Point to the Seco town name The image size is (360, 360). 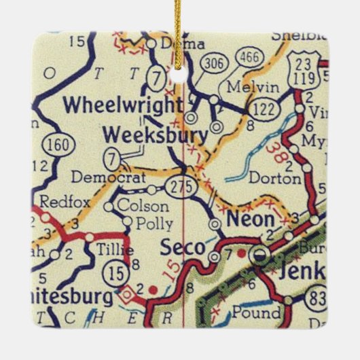tap(181, 248)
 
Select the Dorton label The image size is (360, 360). tap(274, 179)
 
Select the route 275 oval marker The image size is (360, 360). tap(185, 185)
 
